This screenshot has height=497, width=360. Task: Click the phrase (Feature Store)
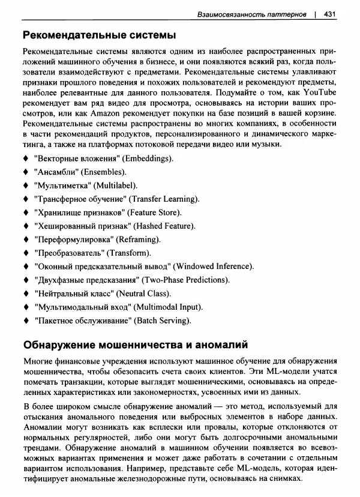coord(155,212)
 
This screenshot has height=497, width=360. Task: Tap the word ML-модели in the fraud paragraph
coord(277,372)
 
